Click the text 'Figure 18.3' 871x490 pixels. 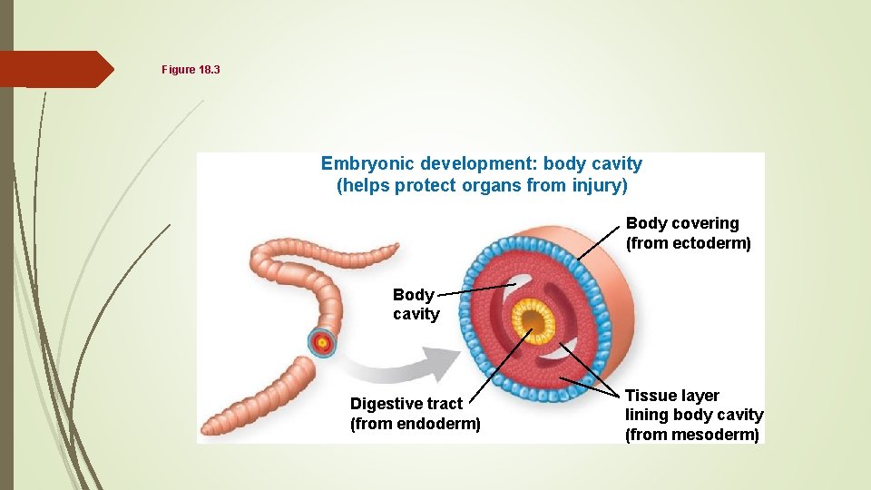pos(191,70)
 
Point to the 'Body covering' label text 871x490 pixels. pos(682,223)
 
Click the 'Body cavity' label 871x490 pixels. pos(416,305)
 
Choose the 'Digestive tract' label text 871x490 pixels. pos(406,404)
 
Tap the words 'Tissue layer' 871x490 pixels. pos(671,396)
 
